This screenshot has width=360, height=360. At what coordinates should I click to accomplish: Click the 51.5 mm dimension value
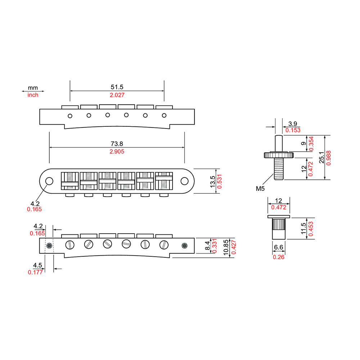117,87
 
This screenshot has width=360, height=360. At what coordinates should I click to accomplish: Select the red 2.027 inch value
117,95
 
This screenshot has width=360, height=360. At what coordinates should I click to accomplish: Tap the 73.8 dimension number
117,143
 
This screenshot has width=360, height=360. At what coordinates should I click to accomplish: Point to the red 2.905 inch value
117,152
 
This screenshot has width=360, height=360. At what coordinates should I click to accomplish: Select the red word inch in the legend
33,95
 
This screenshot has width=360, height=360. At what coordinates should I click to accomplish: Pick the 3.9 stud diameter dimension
293,123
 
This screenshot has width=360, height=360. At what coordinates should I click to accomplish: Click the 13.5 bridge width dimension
213,181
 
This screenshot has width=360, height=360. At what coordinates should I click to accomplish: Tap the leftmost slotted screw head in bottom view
69,245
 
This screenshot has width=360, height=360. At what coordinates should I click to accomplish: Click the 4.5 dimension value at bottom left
37,265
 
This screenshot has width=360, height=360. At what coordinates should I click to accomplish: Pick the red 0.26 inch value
278,257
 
